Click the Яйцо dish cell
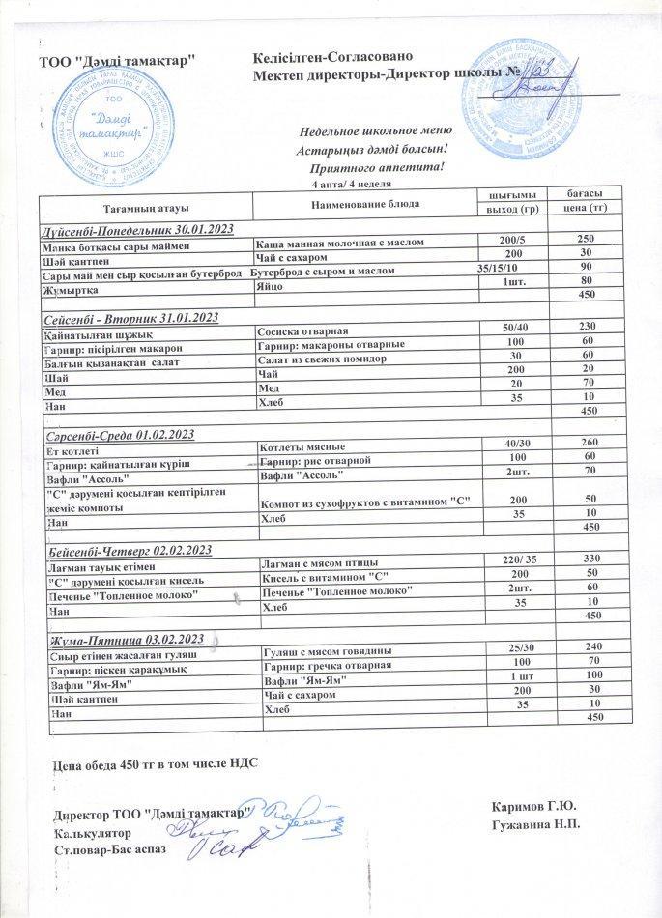(x=273, y=280)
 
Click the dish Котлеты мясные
(x=301, y=447)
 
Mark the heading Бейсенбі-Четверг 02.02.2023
(x=128, y=550)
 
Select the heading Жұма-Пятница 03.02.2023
(x=123, y=640)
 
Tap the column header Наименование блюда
(x=364, y=205)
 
